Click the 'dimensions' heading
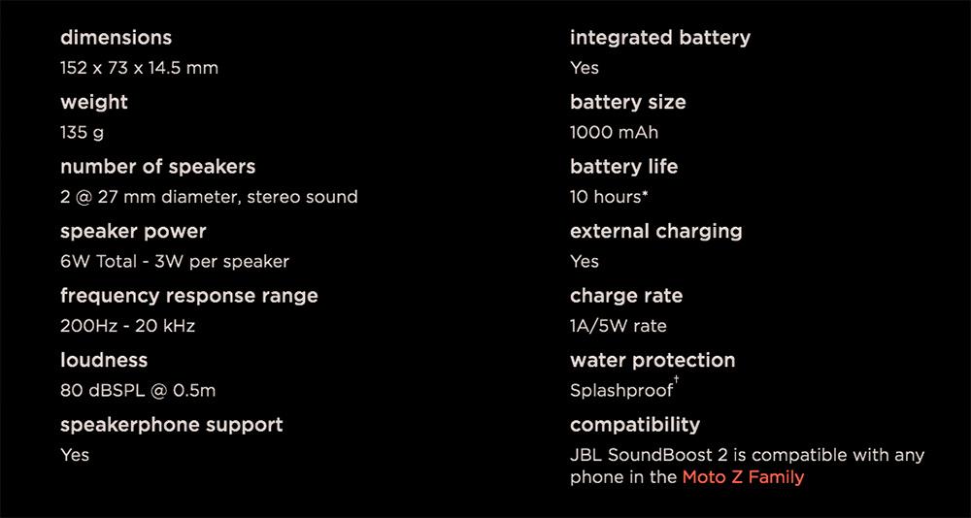(116, 38)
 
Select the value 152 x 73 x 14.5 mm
(139, 68)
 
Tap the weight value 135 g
(82, 133)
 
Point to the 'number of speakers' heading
(158, 167)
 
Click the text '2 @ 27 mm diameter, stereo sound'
(209, 198)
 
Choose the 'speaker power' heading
(133, 232)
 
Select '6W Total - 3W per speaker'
(175, 262)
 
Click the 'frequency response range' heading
(189, 296)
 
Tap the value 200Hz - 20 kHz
(127, 326)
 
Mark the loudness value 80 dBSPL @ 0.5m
(138, 391)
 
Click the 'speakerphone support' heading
(172, 425)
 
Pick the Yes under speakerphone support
(75, 455)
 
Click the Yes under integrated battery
(585, 68)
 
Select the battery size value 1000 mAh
(615, 133)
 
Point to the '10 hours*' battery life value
(609, 198)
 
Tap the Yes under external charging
(585, 262)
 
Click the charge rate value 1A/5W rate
(618, 326)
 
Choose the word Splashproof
(621, 391)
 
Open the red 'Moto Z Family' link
(743, 478)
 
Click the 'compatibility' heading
(635, 425)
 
